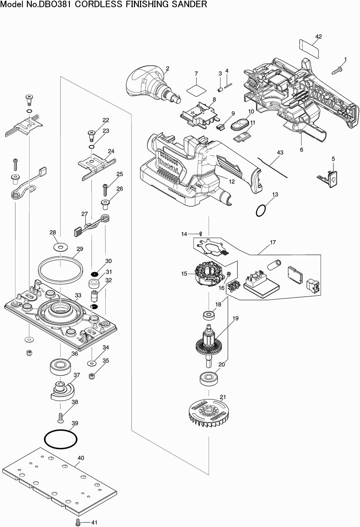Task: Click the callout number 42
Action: click(318, 36)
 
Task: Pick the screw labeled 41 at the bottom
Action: click(78, 521)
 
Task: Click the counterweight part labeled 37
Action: click(62, 390)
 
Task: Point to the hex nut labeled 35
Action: click(92, 376)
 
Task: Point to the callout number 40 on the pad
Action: click(81, 458)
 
